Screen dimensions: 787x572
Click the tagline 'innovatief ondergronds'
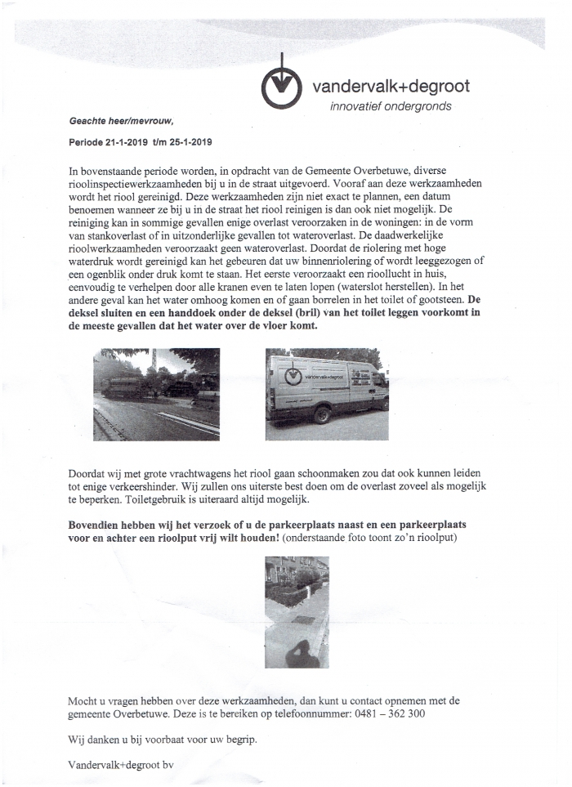click(390, 106)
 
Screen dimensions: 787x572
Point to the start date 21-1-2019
click(127, 141)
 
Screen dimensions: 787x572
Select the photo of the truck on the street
click(156, 394)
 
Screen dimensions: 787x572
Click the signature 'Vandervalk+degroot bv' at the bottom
click(121, 765)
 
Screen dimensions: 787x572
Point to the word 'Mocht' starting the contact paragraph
click(85, 700)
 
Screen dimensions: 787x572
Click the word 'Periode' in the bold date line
click(87, 141)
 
